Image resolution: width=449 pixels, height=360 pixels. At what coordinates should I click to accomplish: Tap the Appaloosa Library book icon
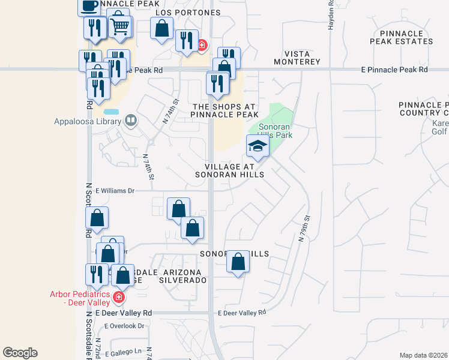coord(130,121)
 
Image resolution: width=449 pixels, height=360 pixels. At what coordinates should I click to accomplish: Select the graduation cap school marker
coord(258,146)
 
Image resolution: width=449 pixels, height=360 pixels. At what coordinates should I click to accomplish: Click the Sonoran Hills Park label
coord(275,131)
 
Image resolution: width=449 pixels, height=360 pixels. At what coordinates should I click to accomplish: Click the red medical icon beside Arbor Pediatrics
coord(119,297)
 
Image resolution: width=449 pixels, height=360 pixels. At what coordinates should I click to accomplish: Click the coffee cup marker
coord(90,6)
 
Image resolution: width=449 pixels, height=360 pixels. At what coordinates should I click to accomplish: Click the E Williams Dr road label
coord(114,191)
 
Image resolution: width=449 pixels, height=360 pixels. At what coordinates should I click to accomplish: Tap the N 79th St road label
coord(304,229)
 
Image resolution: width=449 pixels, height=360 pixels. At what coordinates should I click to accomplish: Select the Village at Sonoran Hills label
coord(229,170)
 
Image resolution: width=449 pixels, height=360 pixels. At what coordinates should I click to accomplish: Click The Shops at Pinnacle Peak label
coord(225,110)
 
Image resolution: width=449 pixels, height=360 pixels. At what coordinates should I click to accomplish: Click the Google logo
coord(20,353)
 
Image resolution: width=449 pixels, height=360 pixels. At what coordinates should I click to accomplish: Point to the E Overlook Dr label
coord(125,326)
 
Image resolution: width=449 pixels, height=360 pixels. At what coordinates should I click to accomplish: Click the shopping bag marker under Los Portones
coord(162,28)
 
